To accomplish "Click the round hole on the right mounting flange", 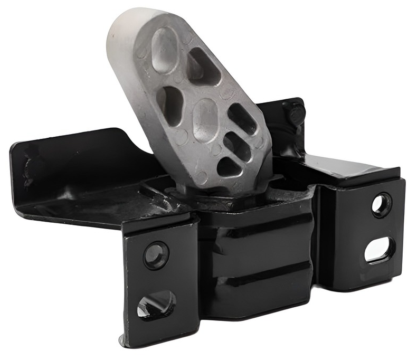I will click(x=381, y=205).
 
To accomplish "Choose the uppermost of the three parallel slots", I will click(x=243, y=118).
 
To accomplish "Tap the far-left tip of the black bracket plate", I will click(x=16, y=153).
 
